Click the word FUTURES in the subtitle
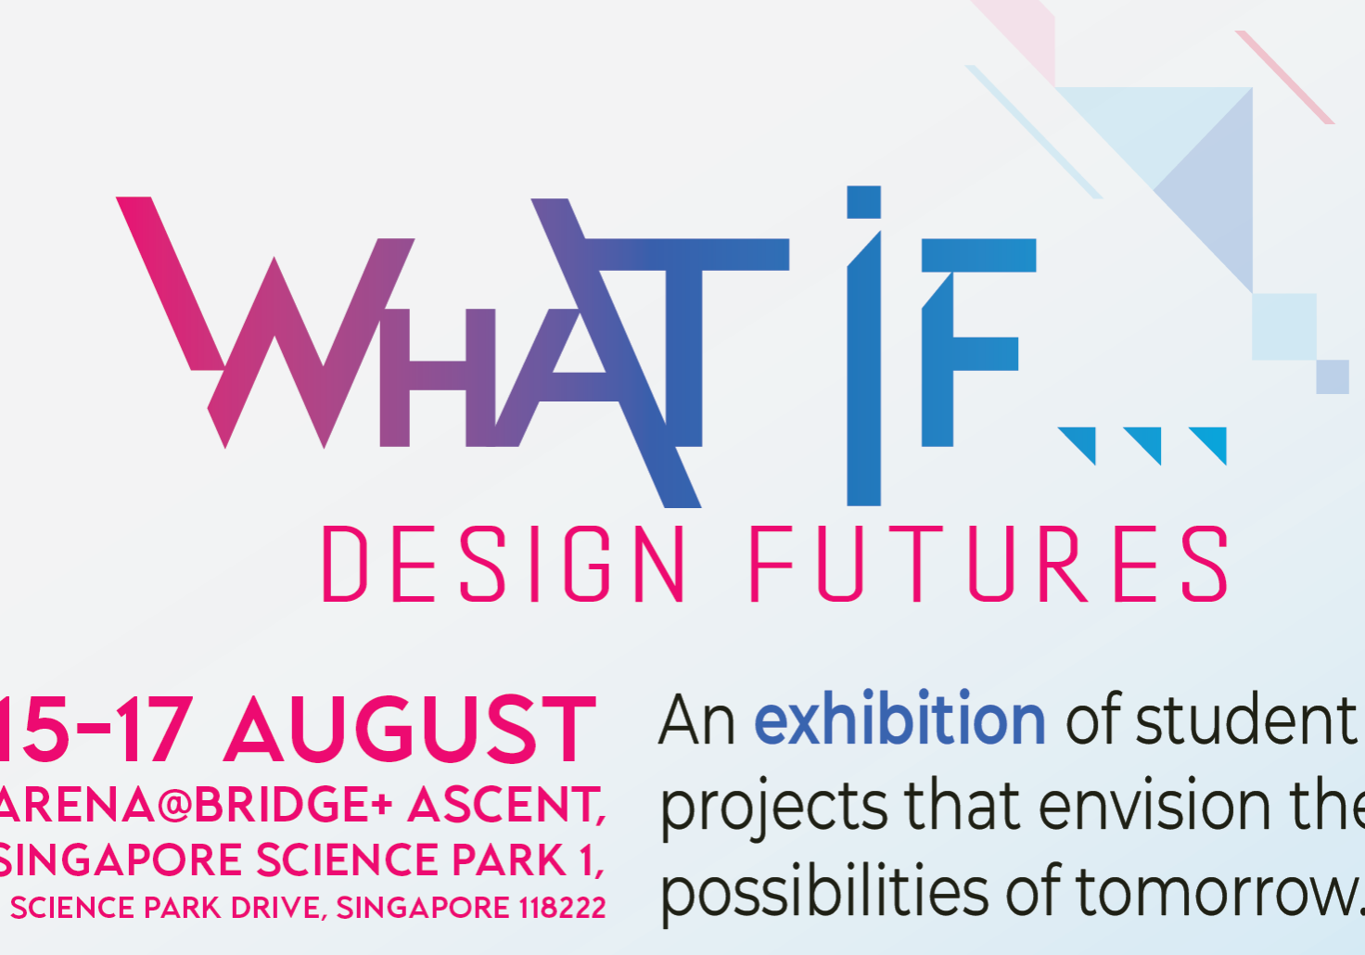tap(989, 564)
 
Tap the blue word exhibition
tap(899, 719)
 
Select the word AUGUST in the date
tap(409, 731)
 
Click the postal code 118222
tap(562, 908)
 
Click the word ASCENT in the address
tap(506, 805)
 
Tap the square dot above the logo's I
tap(863, 202)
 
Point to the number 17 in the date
tap(154, 731)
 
